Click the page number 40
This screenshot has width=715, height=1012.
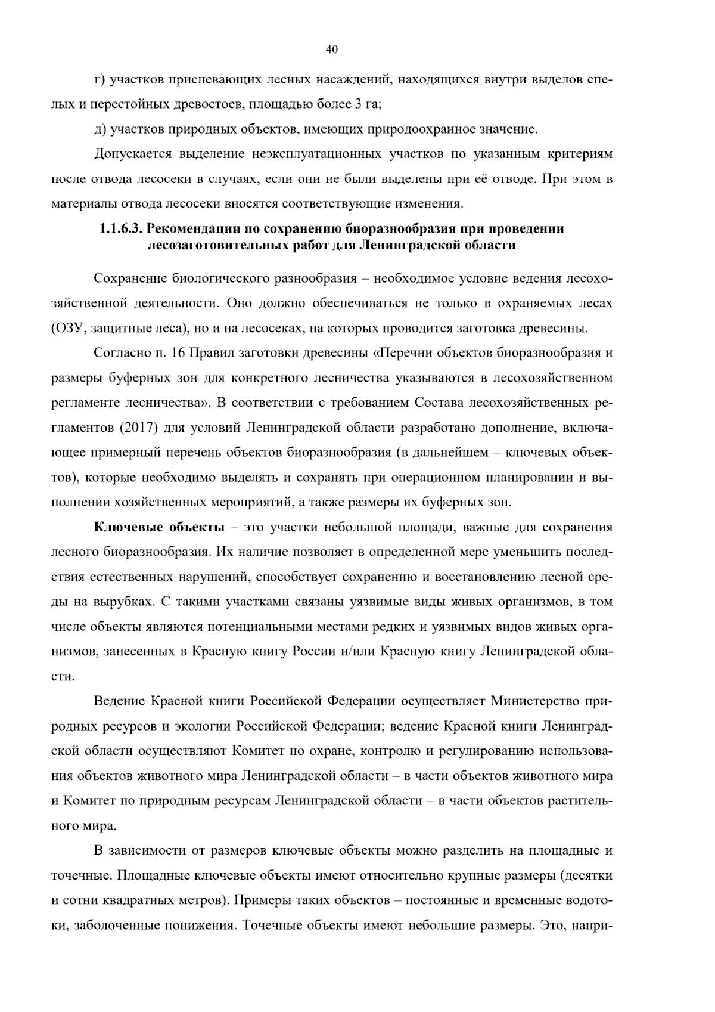tap(332, 50)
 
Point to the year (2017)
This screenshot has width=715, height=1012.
tap(140, 428)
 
